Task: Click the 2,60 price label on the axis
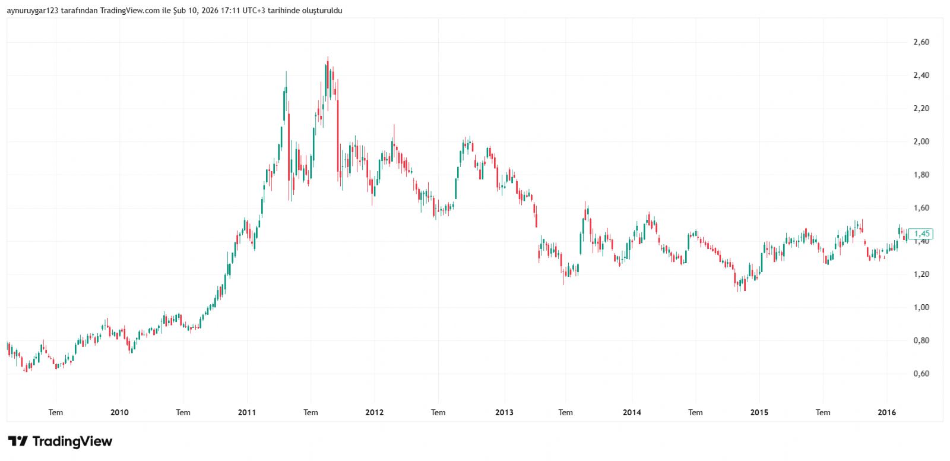921,42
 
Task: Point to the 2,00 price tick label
921,141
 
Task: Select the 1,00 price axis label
921,307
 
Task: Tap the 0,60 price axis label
921,374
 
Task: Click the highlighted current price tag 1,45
921,233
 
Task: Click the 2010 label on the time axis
119,412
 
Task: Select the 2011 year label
246,412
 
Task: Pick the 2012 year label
375,412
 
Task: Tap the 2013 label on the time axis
504,412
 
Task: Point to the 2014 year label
632,412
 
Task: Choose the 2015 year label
759,412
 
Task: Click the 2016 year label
886,412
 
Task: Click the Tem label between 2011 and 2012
311,412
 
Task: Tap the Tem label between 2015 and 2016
823,412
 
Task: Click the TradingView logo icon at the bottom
18,441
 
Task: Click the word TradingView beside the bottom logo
72,441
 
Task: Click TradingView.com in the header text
129,10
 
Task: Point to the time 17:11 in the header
231,10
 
